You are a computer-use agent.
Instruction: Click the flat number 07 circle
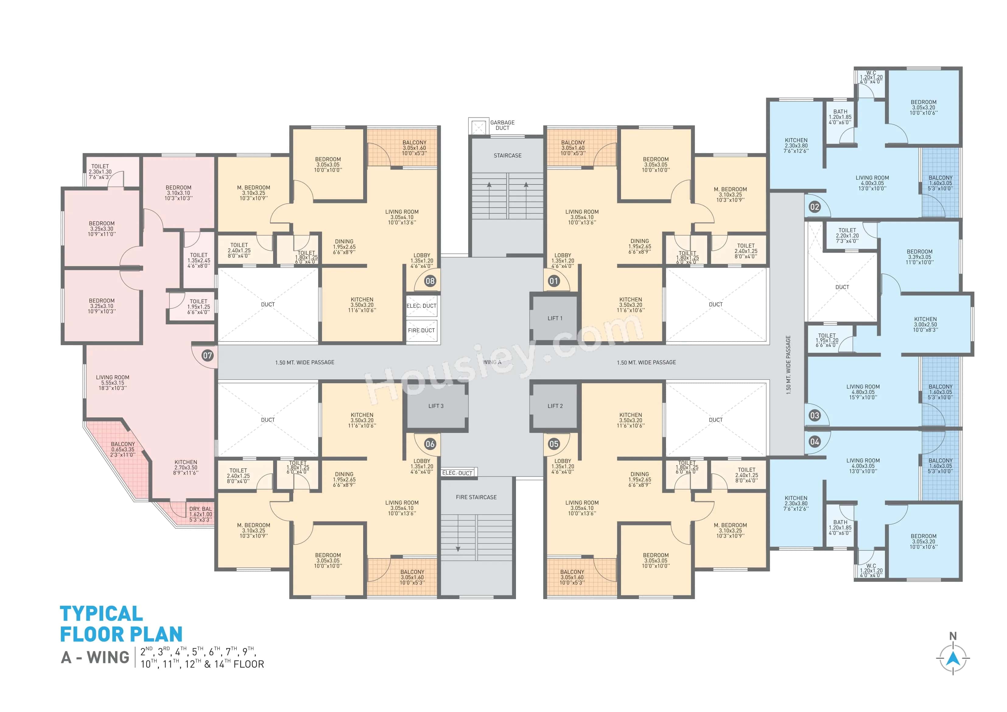(x=207, y=355)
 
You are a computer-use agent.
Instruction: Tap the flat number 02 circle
(x=815, y=207)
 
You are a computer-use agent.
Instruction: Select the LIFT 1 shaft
(x=554, y=318)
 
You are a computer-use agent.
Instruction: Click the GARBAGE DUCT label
(x=502, y=125)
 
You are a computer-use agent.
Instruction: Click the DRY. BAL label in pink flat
(x=200, y=514)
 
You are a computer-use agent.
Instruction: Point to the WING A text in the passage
(x=492, y=362)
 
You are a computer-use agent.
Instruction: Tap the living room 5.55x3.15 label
(x=113, y=383)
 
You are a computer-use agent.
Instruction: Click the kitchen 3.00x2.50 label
(x=925, y=324)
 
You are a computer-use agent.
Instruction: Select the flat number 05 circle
(x=554, y=444)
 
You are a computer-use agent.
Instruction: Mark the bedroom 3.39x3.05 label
(x=920, y=257)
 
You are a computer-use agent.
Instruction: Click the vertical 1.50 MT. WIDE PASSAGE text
(x=788, y=365)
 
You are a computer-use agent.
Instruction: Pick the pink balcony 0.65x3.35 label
(x=123, y=449)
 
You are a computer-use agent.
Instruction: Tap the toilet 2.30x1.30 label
(x=100, y=171)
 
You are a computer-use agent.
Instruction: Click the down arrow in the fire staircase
(x=458, y=548)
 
